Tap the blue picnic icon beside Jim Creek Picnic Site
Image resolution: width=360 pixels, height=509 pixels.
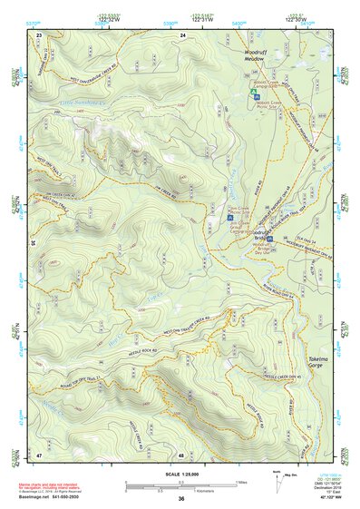point(229,218)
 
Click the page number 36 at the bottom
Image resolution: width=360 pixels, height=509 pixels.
point(181,499)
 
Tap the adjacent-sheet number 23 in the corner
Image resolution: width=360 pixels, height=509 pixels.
point(39,34)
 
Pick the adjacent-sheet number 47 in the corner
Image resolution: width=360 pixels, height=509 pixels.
point(39,453)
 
